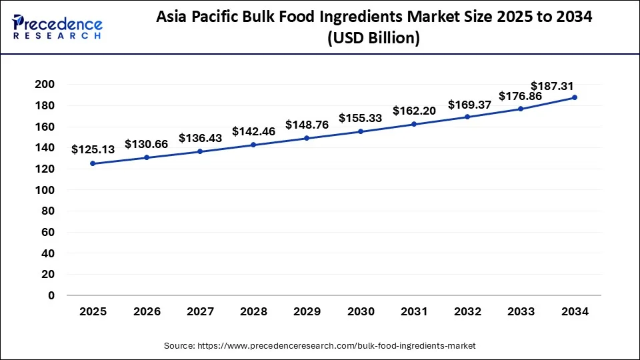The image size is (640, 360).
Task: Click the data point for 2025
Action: coord(93,163)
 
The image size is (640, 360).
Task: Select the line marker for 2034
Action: coord(574,97)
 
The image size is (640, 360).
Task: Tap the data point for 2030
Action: coord(360,131)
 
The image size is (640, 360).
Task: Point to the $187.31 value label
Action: coord(552,86)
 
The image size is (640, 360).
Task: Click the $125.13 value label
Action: coord(93,150)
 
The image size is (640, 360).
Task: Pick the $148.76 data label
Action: coord(307,125)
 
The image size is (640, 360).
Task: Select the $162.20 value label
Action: coord(414,111)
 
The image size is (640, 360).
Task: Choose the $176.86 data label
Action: coord(521,96)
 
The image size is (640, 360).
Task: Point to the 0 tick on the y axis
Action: coord(51,295)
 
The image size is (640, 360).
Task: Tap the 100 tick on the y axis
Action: coord(45,190)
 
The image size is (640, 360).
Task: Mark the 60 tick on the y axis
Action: coord(49,232)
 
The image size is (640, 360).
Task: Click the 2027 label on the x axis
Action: coord(199,311)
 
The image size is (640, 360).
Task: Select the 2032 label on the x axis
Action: coord(467,311)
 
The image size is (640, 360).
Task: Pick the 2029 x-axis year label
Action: coord(307,311)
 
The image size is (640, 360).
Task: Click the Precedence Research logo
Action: coord(57,26)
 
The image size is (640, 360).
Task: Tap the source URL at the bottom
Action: coord(320,346)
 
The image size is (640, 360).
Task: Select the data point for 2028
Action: coord(253,145)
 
